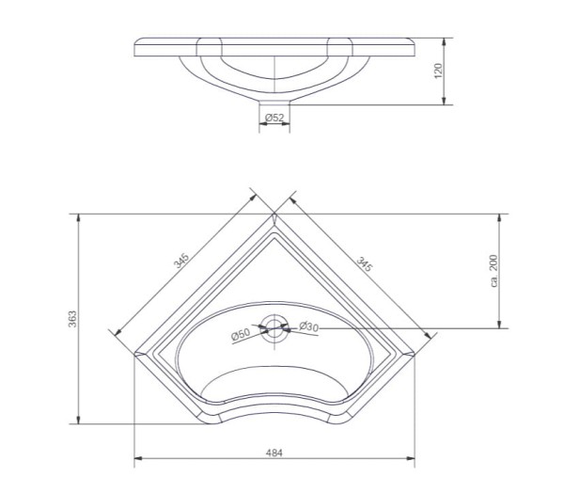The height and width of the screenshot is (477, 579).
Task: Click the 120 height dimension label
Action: coord(438,71)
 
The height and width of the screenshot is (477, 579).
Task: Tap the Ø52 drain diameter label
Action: coord(274,118)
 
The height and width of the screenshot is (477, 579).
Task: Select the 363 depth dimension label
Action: coord(72,319)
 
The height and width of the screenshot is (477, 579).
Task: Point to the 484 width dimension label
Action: coord(274,453)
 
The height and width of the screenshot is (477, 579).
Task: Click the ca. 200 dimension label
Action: coord(493,271)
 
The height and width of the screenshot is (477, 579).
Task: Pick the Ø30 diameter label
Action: coord(308,326)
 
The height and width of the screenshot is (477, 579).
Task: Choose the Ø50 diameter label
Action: coord(241,334)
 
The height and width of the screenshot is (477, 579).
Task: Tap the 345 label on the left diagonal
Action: coord(181,261)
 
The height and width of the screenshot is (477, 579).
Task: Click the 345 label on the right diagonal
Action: coord(365,263)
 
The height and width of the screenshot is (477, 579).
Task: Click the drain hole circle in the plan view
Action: coord(274,327)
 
